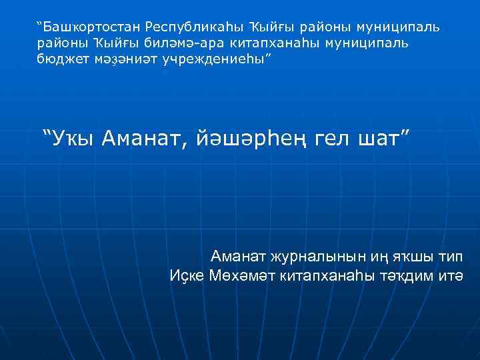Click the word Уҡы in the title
point(74,139)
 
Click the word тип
point(451,257)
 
